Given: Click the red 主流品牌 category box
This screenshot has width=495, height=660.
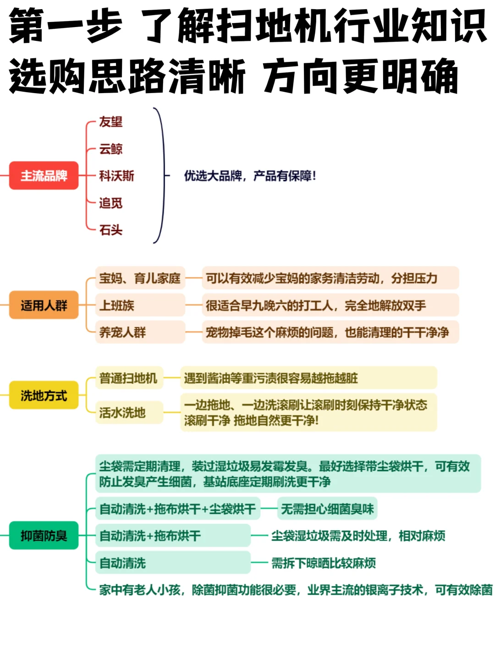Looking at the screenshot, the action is (x=44, y=176).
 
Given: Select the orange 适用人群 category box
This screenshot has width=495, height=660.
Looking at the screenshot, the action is (x=44, y=305).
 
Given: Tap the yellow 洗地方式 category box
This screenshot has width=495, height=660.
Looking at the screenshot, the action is (x=44, y=395).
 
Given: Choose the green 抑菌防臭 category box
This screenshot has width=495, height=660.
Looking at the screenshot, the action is (x=44, y=535).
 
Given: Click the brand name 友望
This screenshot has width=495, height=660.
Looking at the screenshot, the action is (x=111, y=122).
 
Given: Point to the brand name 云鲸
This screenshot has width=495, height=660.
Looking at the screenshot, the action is (x=111, y=149).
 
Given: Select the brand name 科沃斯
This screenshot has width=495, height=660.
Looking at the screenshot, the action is (x=116, y=176).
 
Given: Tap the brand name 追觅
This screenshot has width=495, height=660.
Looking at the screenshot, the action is (x=111, y=203).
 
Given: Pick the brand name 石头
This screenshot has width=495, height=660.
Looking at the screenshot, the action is (x=111, y=230).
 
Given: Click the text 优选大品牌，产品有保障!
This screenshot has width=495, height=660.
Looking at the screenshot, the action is (x=250, y=176).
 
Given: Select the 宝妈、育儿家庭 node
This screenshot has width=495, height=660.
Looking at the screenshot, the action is (x=140, y=278).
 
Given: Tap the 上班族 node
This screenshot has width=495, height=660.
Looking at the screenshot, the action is (x=117, y=305).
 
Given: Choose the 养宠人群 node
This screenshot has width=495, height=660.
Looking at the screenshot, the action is (x=122, y=332).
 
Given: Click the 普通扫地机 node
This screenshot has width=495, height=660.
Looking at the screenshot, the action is (x=128, y=378).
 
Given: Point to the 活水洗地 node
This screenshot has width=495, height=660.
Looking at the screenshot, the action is (x=122, y=412).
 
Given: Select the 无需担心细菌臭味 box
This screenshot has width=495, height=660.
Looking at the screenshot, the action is (x=327, y=509).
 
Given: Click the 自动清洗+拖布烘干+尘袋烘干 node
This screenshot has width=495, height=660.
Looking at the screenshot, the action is (x=177, y=509).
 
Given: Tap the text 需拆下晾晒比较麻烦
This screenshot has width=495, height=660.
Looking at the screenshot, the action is (x=324, y=563).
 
